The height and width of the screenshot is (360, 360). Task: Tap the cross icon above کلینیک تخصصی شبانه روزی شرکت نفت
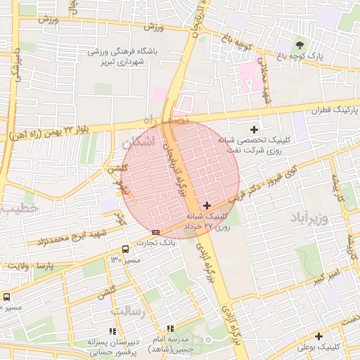255,129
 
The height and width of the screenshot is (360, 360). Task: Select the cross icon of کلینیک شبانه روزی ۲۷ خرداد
206,205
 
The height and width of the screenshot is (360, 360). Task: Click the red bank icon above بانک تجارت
155,232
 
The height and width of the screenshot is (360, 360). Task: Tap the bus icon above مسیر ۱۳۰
125,249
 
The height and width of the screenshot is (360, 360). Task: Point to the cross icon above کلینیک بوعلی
319,336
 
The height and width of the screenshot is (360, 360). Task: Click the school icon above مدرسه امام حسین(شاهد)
170,328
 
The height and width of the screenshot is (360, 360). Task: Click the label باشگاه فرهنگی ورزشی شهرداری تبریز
123,57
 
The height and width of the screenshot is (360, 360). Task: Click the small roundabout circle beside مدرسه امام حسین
207,340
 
